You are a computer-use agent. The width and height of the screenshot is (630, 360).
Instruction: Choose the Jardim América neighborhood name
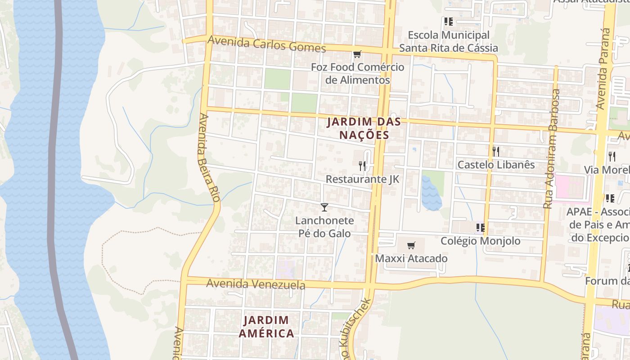pos(266,327)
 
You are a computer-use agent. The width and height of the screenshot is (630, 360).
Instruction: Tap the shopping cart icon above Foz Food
pos(357,54)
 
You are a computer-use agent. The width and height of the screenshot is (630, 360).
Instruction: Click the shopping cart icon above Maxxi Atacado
pos(411,245)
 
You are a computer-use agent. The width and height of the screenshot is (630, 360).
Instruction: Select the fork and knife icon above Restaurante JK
pos(362,166)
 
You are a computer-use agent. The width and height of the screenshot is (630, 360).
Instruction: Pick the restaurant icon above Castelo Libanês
pos(496,151)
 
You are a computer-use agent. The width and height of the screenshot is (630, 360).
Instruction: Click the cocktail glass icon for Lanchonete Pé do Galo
pos(324,207)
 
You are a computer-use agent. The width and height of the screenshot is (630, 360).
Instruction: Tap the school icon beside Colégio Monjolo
pos(480,228)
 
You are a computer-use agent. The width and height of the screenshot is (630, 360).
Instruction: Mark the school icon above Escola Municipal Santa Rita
pos(448,22)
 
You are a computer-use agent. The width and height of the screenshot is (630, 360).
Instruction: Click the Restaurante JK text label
pos(362,179)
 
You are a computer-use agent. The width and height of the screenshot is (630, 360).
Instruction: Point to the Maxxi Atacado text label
pos(411,259)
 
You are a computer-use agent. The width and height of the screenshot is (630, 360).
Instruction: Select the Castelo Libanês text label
pos(496,165)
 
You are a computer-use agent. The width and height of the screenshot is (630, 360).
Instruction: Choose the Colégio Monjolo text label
pos(480,241)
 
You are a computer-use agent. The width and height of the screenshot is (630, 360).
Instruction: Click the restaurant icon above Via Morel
pos(612,156)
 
